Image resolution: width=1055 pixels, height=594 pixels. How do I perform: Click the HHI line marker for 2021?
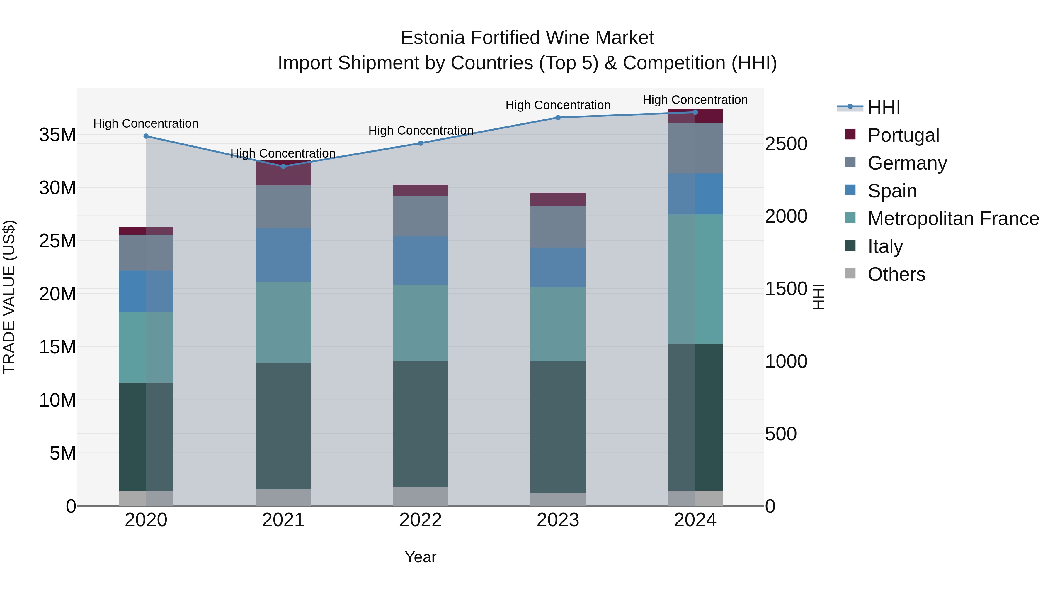(283, 166)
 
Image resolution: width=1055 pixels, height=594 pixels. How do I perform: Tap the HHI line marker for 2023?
(558, 118)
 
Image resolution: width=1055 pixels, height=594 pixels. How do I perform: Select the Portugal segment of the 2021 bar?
(283, 175)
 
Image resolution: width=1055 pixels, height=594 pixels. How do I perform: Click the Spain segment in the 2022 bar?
(421, 261)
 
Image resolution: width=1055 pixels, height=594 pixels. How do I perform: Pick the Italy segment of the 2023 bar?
(558, 427)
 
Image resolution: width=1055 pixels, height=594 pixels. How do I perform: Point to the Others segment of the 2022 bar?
(421, 496)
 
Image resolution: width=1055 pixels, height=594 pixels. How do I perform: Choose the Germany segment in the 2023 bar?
(558, 227)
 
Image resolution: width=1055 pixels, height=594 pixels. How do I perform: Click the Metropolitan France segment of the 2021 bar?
(283, 322)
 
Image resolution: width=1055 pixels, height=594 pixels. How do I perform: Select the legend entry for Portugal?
(903, 135)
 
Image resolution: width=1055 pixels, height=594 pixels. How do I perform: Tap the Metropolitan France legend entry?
(953, 219)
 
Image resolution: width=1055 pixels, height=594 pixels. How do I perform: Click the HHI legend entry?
(884, 107)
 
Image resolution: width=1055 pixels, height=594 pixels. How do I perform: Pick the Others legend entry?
(896, 274)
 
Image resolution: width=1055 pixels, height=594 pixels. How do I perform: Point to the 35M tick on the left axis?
(57, 135)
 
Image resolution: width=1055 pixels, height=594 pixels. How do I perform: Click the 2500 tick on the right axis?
(786, 144)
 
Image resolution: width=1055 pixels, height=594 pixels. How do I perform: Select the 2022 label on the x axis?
(421, 520)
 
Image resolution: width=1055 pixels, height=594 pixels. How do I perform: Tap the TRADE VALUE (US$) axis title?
(9, 297)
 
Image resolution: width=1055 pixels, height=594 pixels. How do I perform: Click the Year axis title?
(421, 557)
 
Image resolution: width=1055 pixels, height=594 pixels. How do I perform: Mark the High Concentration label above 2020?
(146, 123)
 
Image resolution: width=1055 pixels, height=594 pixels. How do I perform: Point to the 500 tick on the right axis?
(781, 434)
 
